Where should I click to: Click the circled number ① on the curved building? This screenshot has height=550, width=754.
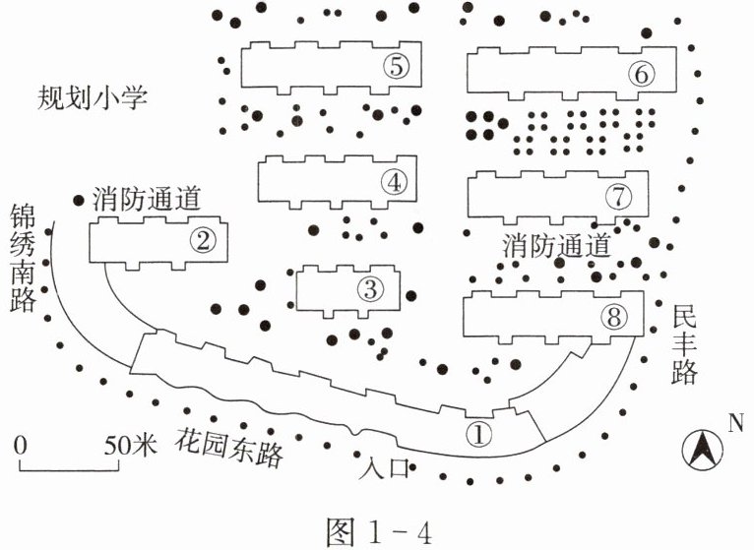coord(478,433)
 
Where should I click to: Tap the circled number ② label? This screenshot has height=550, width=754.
coord(203,240)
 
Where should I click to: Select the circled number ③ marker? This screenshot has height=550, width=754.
coord(370,289)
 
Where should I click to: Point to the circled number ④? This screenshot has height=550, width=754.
coord(394,182)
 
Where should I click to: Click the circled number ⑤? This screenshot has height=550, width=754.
coord(397,66)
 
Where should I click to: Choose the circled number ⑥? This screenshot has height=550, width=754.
coord(642,74)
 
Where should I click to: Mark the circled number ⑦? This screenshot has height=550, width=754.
coord(618,197)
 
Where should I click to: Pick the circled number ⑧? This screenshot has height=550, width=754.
coord(614,317)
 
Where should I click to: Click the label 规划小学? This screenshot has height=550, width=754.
coord(93,98)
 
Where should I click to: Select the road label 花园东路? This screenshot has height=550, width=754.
coord(229,447)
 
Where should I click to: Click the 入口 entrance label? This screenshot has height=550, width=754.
coord(384,467)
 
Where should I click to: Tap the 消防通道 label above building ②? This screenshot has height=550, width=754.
coord(147,199)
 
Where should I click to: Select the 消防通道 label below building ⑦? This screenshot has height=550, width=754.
coord(557,246)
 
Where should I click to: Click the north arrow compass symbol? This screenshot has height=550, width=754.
coord(702,451)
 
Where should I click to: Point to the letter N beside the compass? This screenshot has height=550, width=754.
coord(735,423)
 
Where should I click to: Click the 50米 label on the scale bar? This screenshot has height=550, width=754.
coord(130,446)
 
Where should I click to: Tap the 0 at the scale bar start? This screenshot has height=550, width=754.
coord(21,446)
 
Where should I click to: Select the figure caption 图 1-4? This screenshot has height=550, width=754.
coord(379,532)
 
